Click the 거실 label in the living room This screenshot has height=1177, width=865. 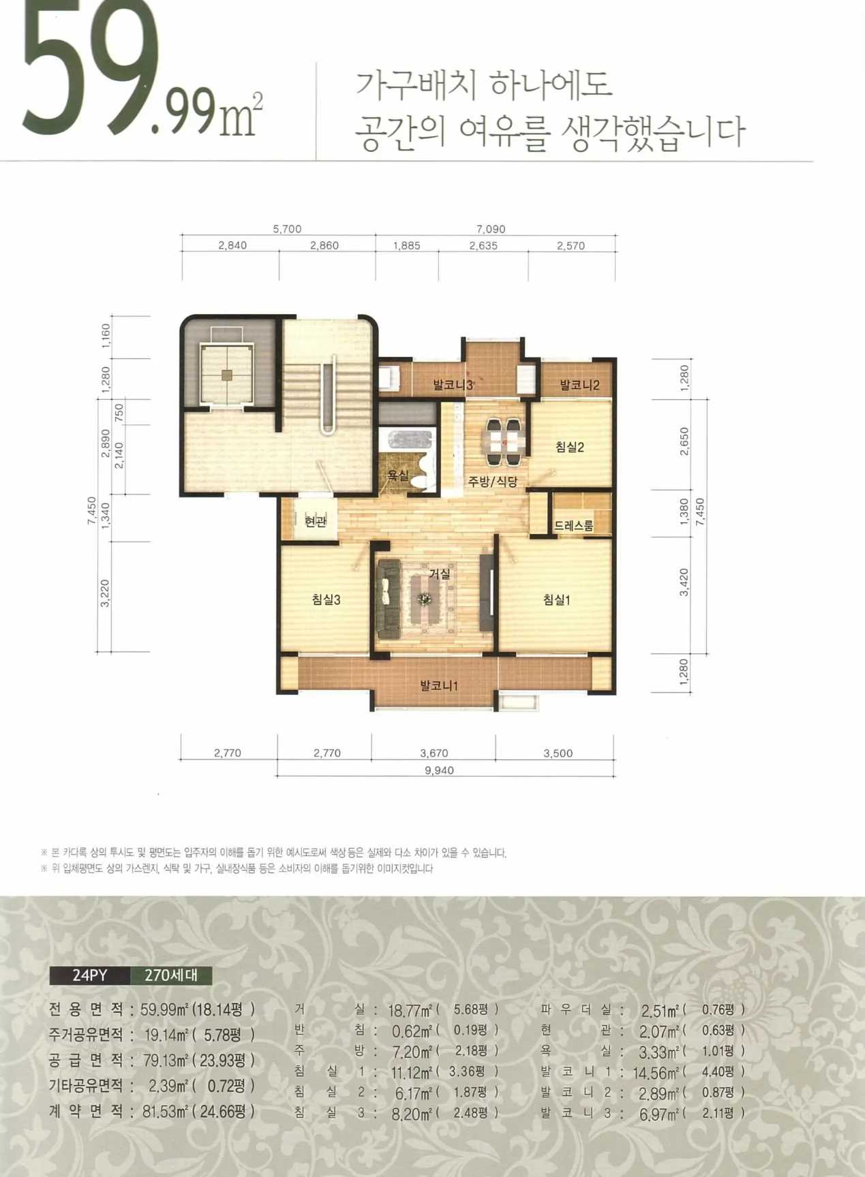[440, 574]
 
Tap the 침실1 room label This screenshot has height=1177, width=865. [556, 599]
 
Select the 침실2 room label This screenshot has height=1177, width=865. [569, 447]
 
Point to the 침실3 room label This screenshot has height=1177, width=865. [326, 599]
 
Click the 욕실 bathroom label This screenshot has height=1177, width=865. [398, 475]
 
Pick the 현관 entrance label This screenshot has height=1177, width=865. [316, 521]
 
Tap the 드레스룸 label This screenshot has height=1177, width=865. [573, 526]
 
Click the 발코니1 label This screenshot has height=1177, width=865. [439, 685]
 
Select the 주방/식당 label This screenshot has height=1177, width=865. [493, 482]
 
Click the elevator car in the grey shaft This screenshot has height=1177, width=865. [226, 374]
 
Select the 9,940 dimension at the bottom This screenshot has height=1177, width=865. [439, 770]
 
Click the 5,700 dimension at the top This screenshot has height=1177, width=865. [287, 229]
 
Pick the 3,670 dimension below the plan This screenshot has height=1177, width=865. [434, 753]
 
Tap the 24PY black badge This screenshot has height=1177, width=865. [89, 975]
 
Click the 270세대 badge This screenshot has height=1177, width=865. [171, 975]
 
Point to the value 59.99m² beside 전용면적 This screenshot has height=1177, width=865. [164, 1009]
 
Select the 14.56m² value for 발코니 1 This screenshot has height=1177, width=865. [655, 1073]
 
